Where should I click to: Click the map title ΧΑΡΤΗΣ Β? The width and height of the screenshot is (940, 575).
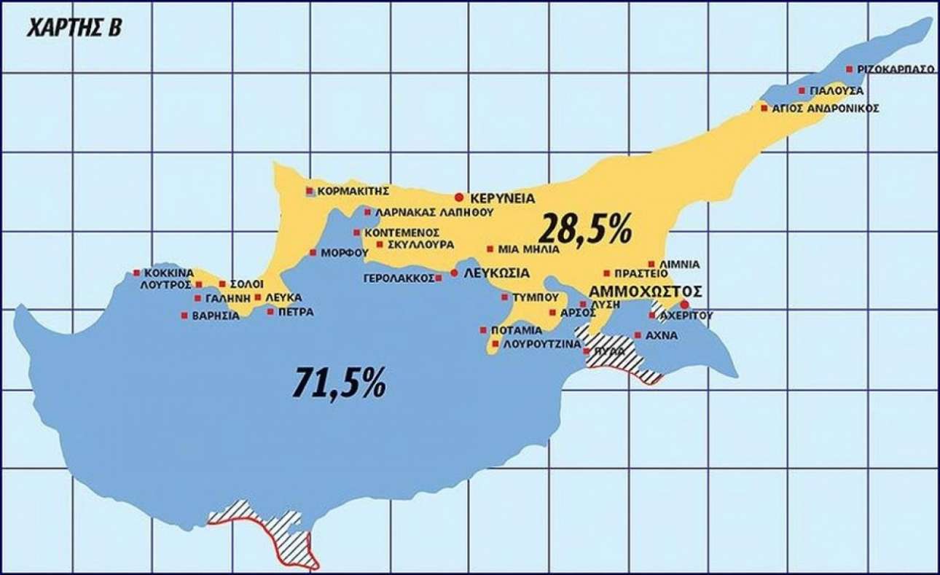pyautogui.click(x=74, y=28)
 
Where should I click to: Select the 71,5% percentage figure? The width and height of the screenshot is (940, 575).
pyautogui.click(x=339, y=382)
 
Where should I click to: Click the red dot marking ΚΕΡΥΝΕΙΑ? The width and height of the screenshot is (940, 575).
pyautogui.click(x=458, y=197)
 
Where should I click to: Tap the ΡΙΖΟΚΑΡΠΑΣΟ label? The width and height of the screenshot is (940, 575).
pyautogui.click(x=896, y=69)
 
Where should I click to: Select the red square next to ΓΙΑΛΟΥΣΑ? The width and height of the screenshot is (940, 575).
pyautogui.click(x=802, y=91)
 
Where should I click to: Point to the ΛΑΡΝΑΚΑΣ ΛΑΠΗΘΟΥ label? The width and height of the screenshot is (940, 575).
pyautogui.click(x=434, y=213)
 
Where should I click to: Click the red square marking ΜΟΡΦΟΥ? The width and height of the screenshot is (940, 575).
pyautogui.click(x=313, y=253)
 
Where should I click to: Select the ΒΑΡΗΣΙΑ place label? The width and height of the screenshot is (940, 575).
pyautogui.click(x=215, y=316)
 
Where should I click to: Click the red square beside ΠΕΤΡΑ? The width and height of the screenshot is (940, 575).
pyautogui.click(x=270, y=312)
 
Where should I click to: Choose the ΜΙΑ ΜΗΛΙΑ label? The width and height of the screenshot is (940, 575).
pyautogui.click(x=528, y=249)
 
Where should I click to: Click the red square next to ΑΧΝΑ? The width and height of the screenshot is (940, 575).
pyautogui.click(x=638, y=335)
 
